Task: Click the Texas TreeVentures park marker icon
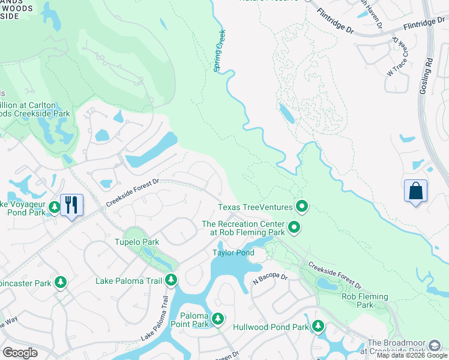[301, 207]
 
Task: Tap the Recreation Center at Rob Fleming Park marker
[294, 227]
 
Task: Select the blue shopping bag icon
[415, 192]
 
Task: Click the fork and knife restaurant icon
[71, 205]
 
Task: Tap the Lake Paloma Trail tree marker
[171, 280]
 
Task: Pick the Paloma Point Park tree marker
[218, 317]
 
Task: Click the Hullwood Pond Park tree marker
[318, 327]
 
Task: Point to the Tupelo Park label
[136, 242]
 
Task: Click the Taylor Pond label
[233, 253]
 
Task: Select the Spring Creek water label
[219, 51]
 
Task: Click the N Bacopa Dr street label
[270, 278]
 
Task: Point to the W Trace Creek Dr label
[397, 58]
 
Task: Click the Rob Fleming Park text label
[364, 301]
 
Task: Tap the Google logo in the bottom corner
[20, 353]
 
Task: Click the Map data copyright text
[412, 355]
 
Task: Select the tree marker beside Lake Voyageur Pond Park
[55, 208]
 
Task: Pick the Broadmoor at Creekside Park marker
[434, 346]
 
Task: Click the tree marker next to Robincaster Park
[60, 282]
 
